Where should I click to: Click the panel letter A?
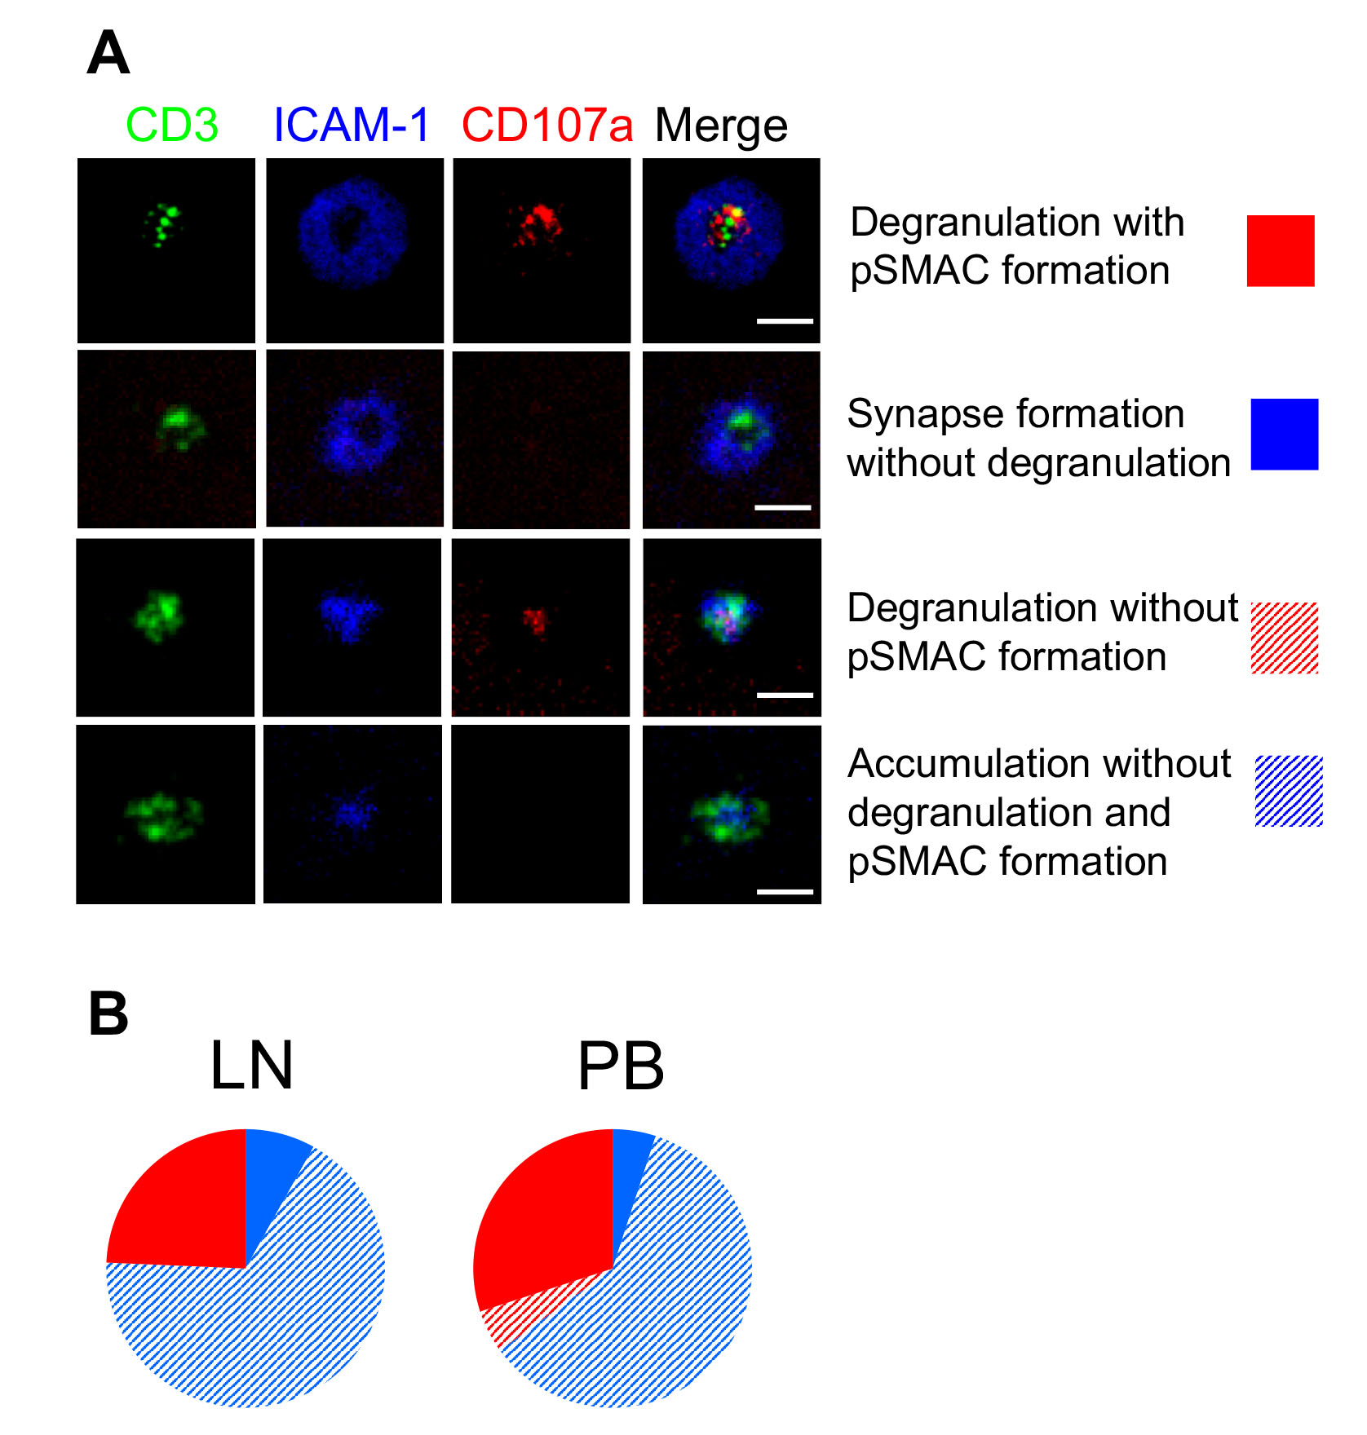coord(108,53)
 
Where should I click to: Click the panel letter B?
coord(108,1013)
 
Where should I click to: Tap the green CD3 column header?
coord(172,126)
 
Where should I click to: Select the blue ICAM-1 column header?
coord(351,126)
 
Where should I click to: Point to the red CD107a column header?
coord(546,126)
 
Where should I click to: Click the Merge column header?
coord(721,126)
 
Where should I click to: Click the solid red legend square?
coord(1280,250)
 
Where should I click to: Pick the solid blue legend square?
coord(1284,434)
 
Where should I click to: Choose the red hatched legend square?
coord(1284,638)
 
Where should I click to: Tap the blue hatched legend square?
coord(1288,791)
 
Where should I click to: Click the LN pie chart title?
coord(251,1066)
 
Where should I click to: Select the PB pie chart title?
coord(621,1066)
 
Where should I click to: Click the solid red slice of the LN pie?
coord(188,1207)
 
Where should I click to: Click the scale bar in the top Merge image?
coord(785,321)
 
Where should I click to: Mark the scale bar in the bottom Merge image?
coord(785,891)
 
